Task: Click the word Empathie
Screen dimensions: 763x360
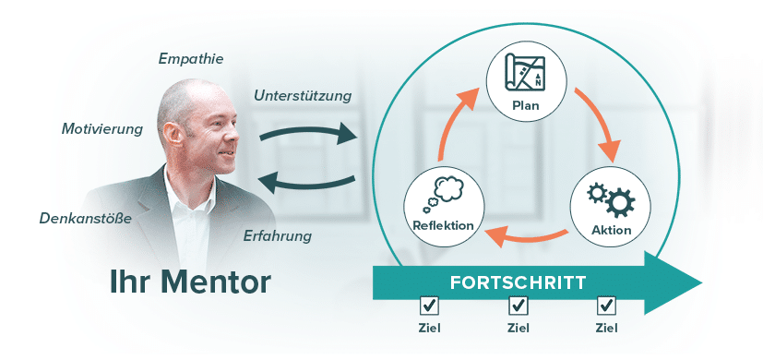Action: (191, 60)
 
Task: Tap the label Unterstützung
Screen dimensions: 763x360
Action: (303, 96)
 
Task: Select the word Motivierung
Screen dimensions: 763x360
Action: (102, 129)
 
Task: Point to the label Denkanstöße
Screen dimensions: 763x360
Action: (85, 219)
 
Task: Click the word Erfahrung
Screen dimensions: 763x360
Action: (277, 236)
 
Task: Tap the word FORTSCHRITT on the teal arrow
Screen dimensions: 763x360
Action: (518, 283)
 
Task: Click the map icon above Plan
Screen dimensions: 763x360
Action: (525, 73)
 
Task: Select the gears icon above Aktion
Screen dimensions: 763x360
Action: (611, 199)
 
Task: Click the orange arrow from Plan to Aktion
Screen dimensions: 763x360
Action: (602, 123)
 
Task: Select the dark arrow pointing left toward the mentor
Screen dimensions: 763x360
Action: (306, 183)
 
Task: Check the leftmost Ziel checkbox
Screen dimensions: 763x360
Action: (429, 306)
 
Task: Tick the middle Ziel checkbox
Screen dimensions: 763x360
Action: (518, 306)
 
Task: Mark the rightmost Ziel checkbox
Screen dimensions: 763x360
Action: (606, 306)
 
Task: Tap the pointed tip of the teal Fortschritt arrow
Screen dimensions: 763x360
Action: (702, 283)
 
